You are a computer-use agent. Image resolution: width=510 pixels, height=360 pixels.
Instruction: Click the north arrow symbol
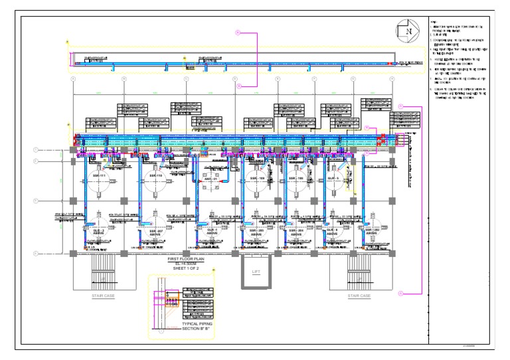408,31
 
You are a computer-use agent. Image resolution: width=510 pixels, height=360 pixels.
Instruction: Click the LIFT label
256,272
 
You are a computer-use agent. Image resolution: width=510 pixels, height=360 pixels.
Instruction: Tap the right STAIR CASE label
359,296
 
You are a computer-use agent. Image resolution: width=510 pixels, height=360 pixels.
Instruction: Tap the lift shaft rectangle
256,272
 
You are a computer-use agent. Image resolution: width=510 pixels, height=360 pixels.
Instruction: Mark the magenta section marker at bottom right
401,292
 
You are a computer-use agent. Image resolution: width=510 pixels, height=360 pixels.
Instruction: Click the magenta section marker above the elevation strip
236,31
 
